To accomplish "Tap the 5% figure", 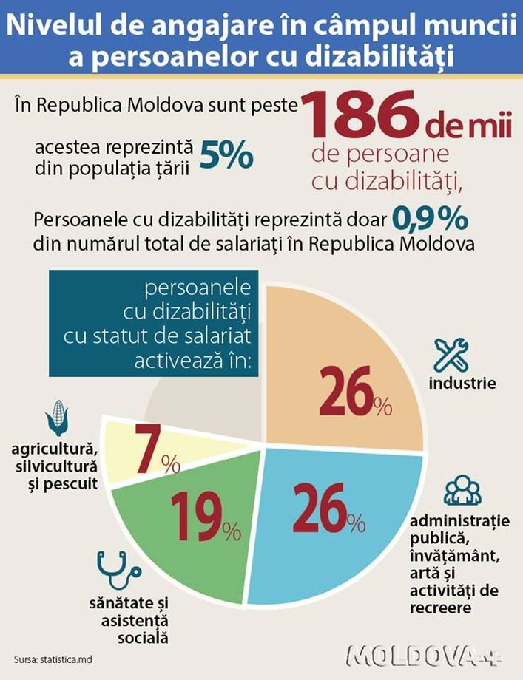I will click(226, 156).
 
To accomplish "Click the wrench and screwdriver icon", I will click(450, 356).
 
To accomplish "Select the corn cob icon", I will click(57, 418).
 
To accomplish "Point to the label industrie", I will click(462, 384).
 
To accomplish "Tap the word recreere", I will click(440, 608).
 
